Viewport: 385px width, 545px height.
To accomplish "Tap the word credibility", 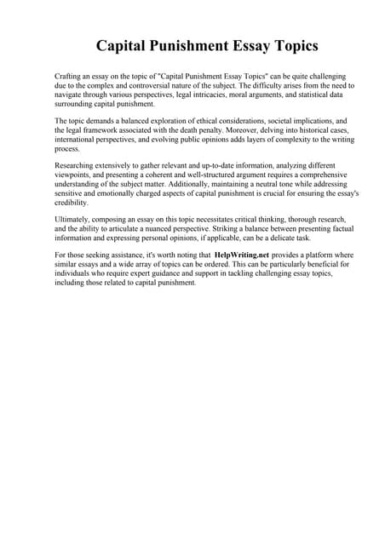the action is tap(71, 203).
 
